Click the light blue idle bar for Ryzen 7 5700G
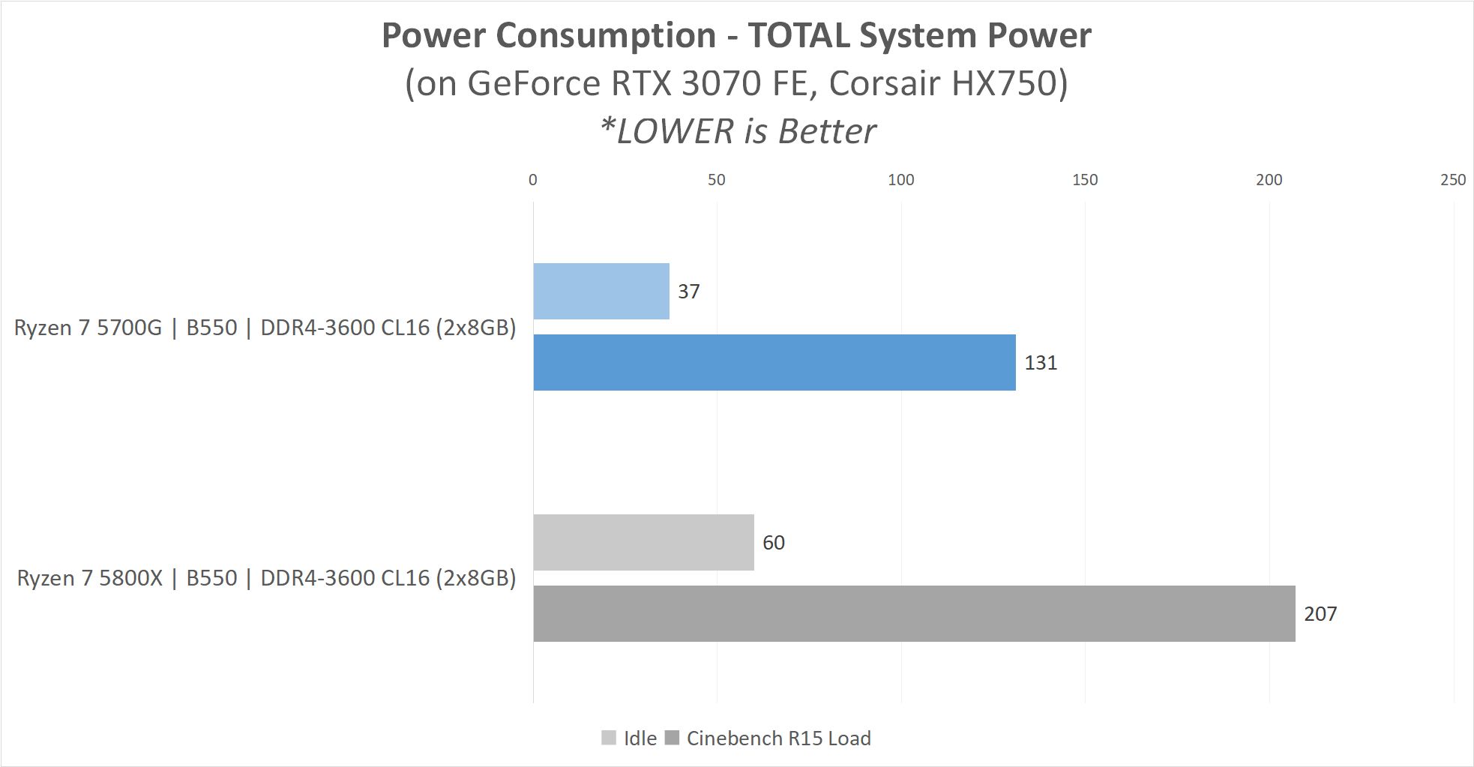pos(601,291)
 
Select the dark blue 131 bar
pos(774,362)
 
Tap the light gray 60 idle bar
pos(643,542)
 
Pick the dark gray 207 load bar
pos(914,613)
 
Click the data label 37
pos(688,292)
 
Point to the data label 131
pos(1041,363)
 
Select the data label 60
pos(773,543)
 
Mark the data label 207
pos(1320,614)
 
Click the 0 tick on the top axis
pos(533,180)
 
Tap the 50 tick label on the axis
pos(717,180)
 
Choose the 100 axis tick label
pos(900,180)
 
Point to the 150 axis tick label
pos(1085,180)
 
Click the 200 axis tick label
pos(1269,180)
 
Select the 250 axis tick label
pos(1453,180)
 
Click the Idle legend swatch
pos(609,739)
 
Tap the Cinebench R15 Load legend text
pos(778,739)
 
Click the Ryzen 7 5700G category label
pos(265,328)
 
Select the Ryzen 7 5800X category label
pos(266,578)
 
